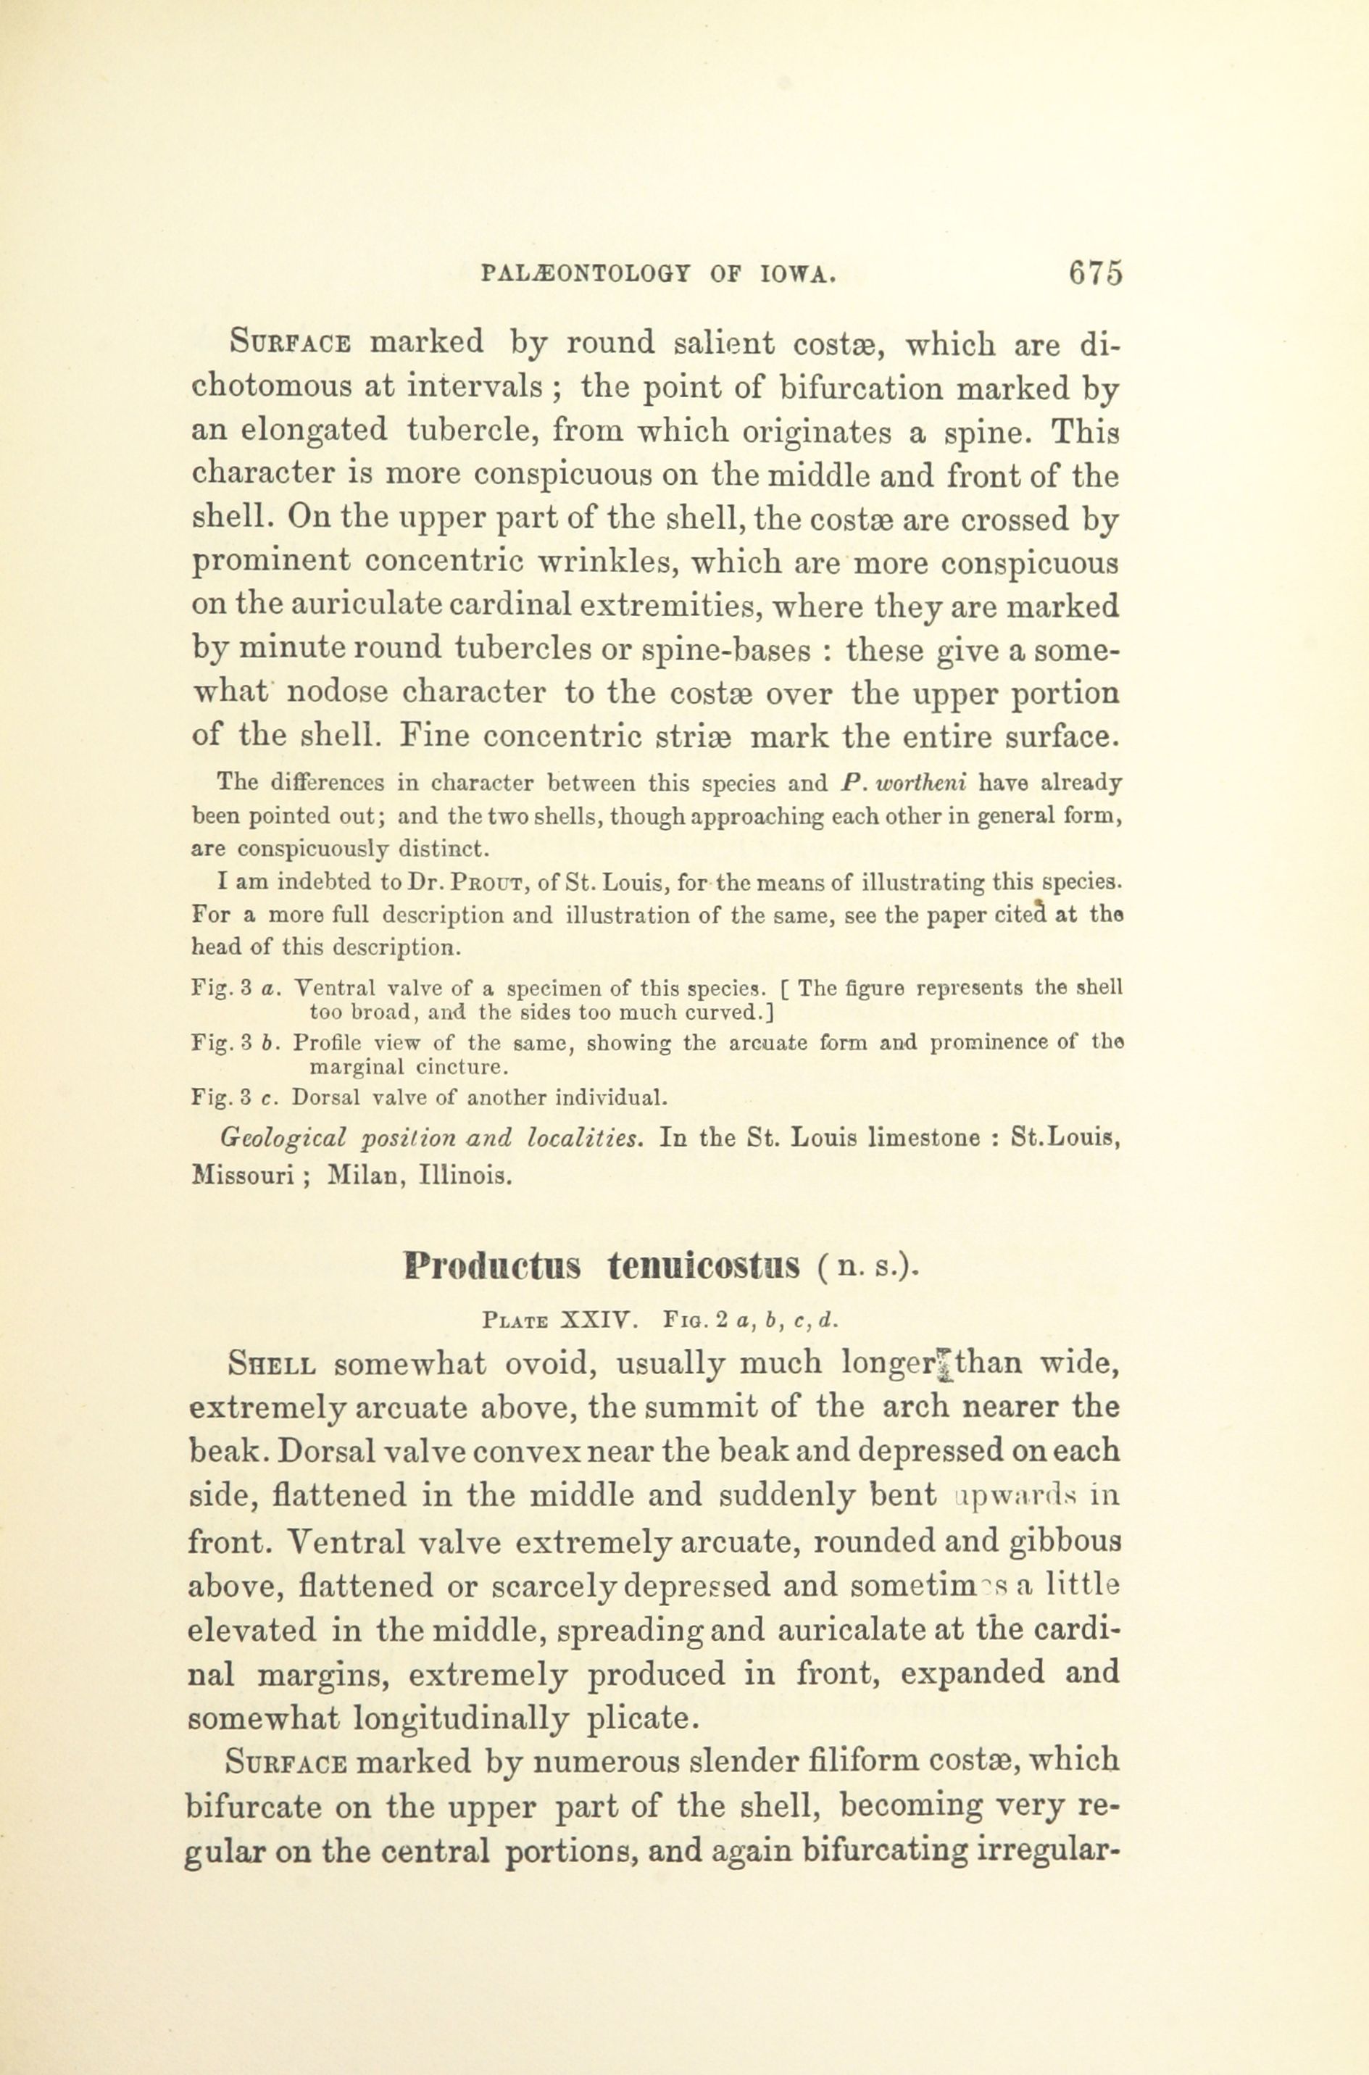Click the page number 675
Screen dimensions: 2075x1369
pyautogui.click(x=1095, y=273)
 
